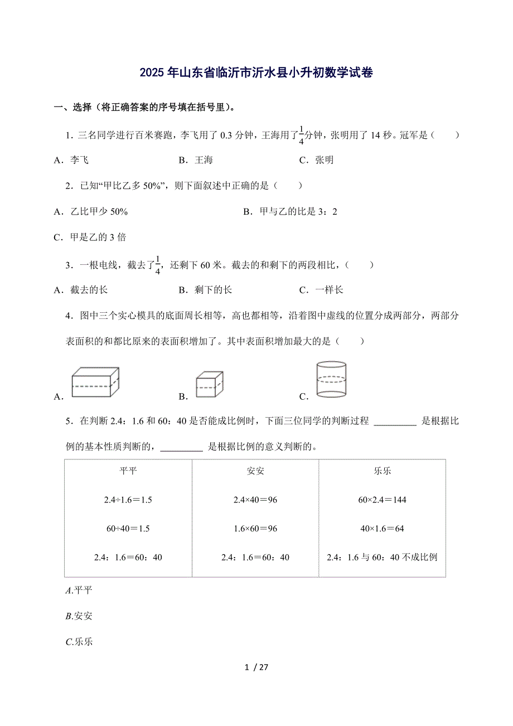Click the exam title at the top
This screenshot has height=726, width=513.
tap(256, 72)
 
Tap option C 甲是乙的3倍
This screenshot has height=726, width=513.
tap(90, 237)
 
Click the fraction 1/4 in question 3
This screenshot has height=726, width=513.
tap(158, 265)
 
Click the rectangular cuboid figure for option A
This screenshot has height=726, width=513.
tap(95, 382)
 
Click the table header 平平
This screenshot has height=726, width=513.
tap(128, 471)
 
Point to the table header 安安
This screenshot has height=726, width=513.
tap(255, 471)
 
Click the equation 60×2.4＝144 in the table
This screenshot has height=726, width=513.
tap(382, 500)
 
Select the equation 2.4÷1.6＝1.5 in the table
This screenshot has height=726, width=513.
tap(128, 500)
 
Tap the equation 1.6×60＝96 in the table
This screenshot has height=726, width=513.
tap(255, 528)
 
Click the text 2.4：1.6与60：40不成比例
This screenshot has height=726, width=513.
tap(382, 557)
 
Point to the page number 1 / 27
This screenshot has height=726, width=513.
tap(256, 667)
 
